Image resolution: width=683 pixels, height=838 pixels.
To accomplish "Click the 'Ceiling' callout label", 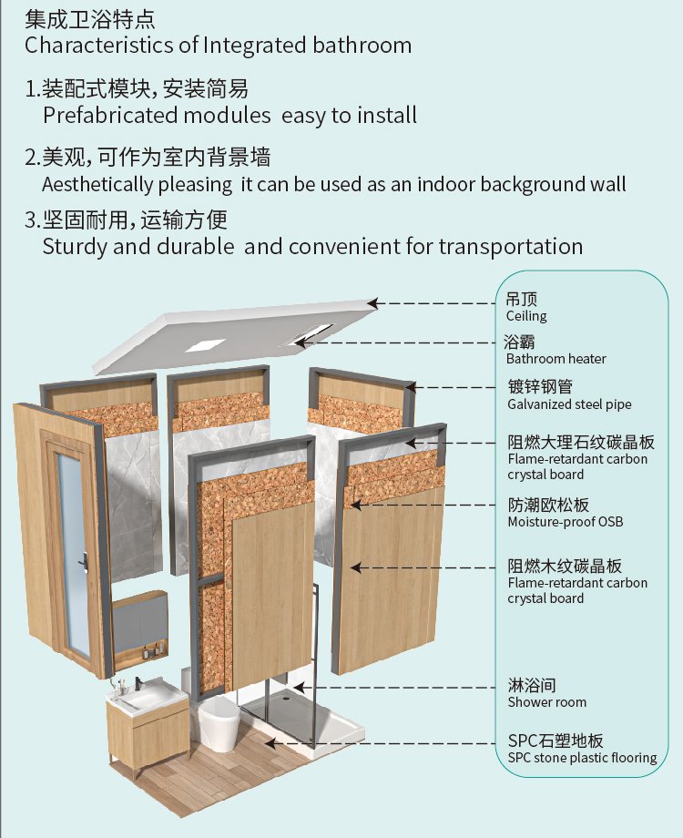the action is [526, 316].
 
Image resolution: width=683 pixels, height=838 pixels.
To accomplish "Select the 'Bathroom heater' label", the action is [556, 359].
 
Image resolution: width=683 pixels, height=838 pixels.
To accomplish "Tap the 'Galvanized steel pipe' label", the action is [569, 404].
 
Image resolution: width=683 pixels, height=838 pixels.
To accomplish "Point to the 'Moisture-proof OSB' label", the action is [566, 522].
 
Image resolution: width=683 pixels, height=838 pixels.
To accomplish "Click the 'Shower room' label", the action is [546, 702].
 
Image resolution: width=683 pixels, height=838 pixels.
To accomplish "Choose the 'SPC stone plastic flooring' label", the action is [583, 758].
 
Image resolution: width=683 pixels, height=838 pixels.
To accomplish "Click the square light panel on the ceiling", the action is [205, 345].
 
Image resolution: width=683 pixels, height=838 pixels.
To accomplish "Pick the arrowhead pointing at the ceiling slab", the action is [373, 303].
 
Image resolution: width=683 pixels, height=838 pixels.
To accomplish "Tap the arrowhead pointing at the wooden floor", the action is [271, 743].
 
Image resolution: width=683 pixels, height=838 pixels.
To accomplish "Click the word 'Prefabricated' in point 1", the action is [110, 116].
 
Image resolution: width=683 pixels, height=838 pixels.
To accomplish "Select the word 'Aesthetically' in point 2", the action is [97, 185].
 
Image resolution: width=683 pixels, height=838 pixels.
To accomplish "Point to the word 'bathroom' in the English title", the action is [362, 45].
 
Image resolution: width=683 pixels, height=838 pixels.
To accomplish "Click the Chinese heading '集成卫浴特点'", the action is [90, 19].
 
